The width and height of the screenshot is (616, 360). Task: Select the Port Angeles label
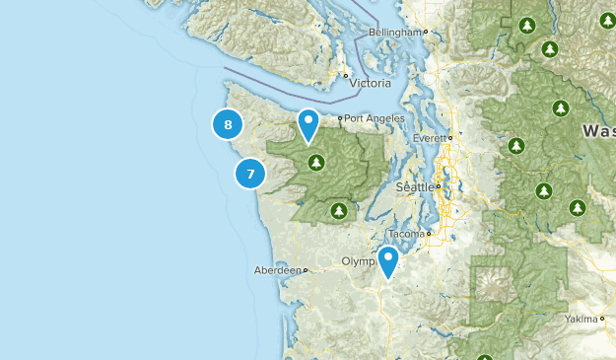370,118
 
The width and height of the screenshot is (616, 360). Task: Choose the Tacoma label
406,234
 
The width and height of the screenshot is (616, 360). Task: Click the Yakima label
581,320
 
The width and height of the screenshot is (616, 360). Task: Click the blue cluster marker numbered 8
228,124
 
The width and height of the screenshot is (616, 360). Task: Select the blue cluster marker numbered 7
250,174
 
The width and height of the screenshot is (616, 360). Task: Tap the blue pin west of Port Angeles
308,123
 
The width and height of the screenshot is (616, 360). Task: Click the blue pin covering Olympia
388,260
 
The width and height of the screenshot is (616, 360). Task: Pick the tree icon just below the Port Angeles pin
315,162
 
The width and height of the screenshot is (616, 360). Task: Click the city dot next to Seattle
438,186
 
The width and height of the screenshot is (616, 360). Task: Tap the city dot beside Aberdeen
307,269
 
